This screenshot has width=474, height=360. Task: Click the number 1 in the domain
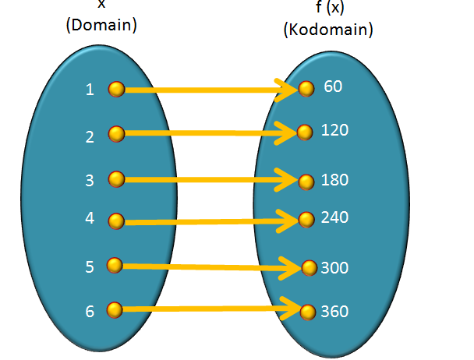(90, 90)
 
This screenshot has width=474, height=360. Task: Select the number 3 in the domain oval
(90, 181)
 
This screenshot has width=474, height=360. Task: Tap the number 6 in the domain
(90, 312)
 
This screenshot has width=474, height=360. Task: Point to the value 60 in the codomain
(333, 86)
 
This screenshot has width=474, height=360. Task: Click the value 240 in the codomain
(334, 217)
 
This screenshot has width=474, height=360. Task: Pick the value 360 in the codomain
(334, 312)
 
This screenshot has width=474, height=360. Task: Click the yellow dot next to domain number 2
(116, 134)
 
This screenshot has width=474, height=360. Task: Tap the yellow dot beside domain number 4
(116, 221)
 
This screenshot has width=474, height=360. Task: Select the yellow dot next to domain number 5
(115, 266)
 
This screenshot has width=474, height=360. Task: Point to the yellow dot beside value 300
(310, 269)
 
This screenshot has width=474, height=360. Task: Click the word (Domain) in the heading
(101, 25)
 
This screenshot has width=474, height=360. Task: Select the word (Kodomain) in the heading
(328, 31)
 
